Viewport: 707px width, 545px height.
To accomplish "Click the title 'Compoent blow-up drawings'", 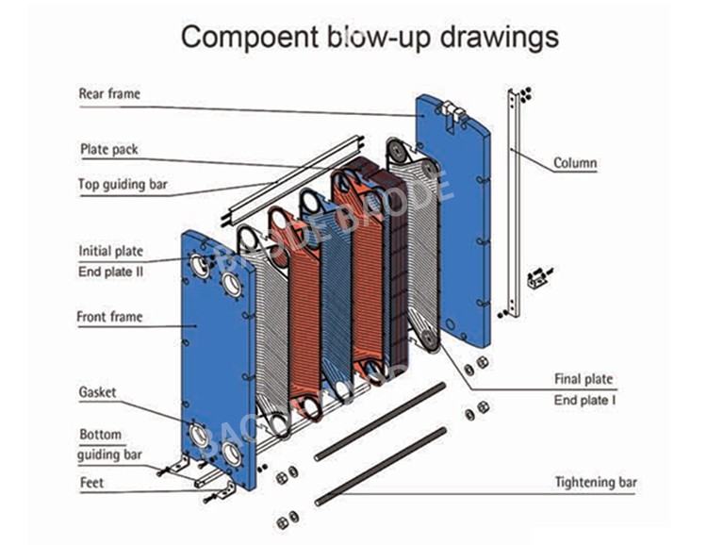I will pos(370,37).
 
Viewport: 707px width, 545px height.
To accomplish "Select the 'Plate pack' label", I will pos(107,149).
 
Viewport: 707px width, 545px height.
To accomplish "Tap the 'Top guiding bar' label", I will pos(123,185).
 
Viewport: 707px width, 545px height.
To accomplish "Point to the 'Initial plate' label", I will pos(110,252).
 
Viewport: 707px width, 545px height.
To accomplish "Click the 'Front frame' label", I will pos(109,317).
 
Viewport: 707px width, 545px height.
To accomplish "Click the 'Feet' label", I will pos(92,484).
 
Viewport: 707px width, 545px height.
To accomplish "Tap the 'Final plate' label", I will pos(583,379).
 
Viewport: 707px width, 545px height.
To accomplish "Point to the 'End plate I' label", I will pos(584,401).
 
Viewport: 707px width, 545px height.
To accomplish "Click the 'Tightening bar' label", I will pos(595,483).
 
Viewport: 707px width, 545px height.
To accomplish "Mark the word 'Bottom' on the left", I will pos(100,436).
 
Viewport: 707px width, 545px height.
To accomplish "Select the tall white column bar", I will pos(512,203).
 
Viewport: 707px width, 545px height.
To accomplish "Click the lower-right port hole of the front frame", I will pos(231,454).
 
